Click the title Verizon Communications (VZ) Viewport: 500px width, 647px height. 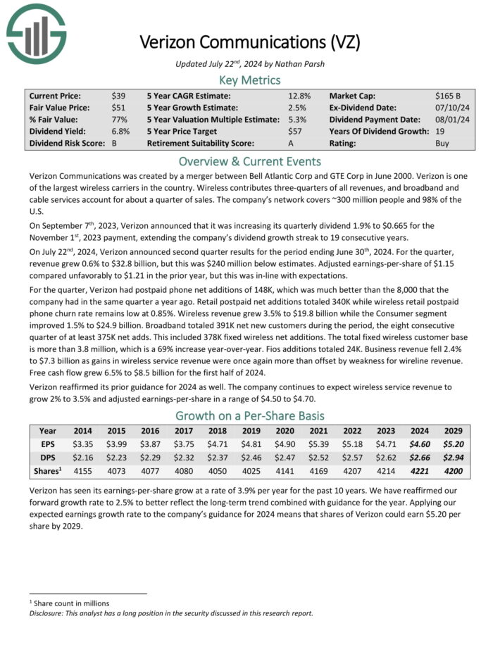pyautogui.click(x=250, y=42)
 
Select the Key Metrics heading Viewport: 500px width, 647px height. pyautogui.click(x=250, y=80)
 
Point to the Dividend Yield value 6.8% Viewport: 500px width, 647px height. pyautogui.click(x=121, y=131)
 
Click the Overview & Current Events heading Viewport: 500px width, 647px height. pyautogui.click(x=250, y=161)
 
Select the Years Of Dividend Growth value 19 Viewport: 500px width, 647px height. pyautogui.click(x=439, y=131)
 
